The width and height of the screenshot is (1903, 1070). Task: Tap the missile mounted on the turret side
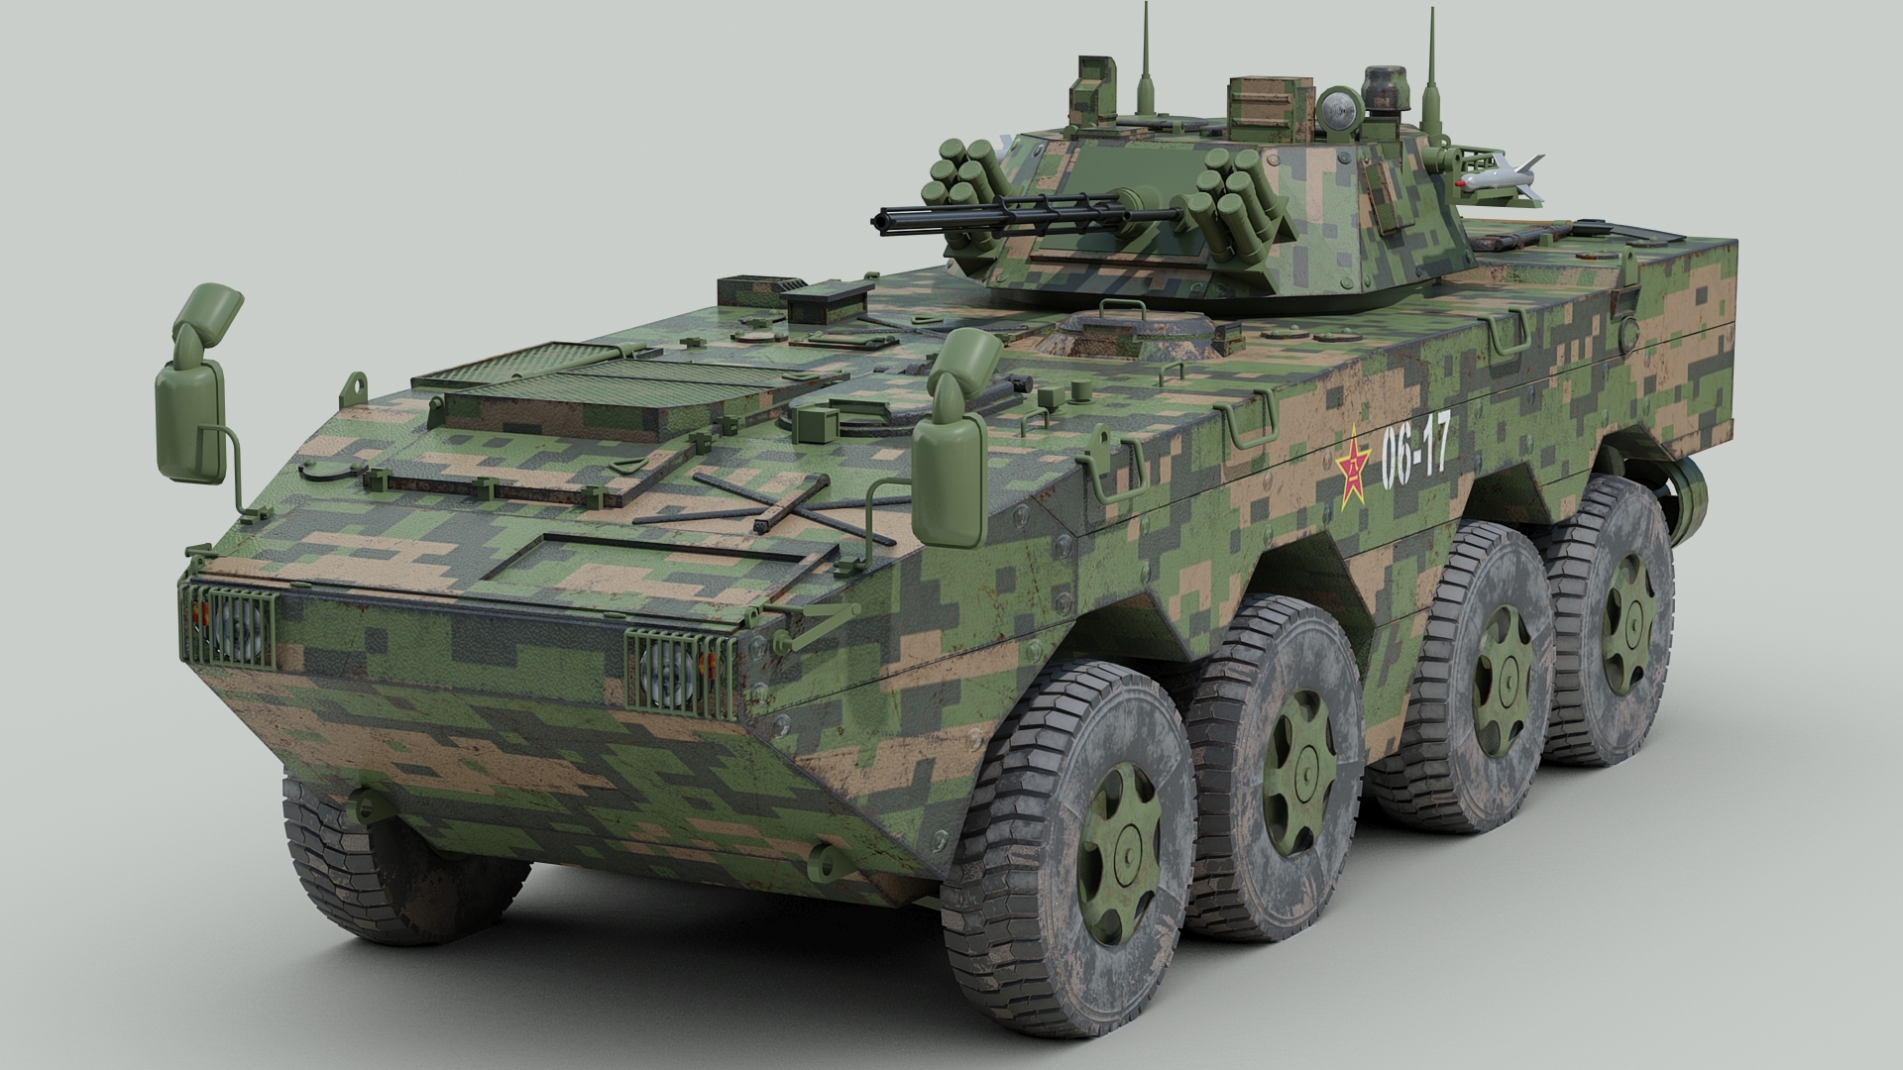[x=1500, y=177]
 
